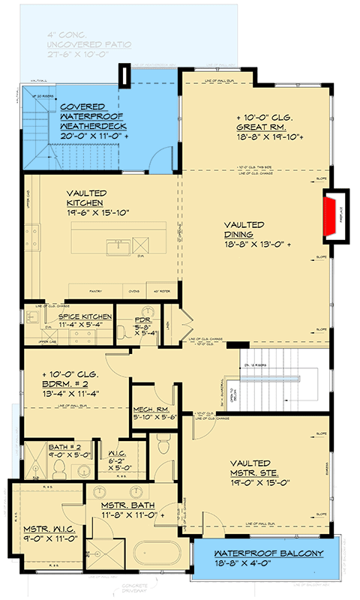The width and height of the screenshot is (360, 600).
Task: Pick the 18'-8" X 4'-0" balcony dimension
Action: [259, 563]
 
